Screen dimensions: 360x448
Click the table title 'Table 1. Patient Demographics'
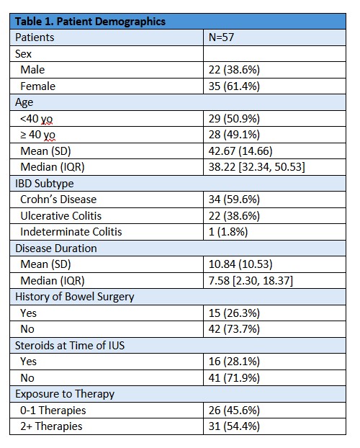pos(90,22)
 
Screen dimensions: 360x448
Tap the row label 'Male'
pos(32,70)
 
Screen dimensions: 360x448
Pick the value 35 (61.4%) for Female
pos(234,86)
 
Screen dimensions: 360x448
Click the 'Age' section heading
pos(24,102)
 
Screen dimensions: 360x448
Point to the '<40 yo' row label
pos(37,119)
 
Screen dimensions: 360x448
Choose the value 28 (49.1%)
pos(234,135)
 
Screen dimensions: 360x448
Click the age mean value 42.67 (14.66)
pos(240,151)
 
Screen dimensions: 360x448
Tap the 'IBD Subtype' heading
pos(45,184)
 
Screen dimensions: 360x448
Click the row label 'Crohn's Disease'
pos(58,200)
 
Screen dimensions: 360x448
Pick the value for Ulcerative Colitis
pos(234,215)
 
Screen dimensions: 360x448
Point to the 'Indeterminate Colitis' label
pos(71,232)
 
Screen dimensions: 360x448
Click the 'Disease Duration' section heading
pos(56,248)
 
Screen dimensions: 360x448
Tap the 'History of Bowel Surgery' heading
pos(75,297)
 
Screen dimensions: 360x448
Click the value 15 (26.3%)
pos(234,313)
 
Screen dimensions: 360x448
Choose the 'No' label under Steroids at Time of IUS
pos(27,378)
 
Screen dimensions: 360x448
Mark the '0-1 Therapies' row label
pos(53,411)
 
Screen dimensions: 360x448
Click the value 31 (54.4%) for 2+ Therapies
pos(234,426)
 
